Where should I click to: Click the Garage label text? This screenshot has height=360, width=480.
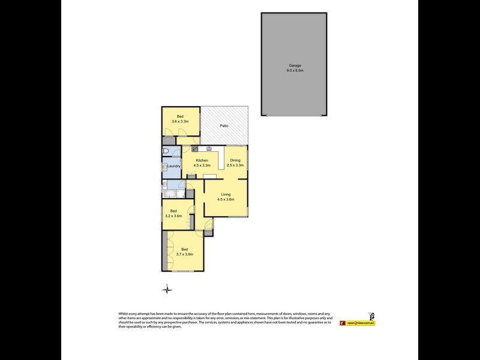pyautogui.click(x=294, y=65)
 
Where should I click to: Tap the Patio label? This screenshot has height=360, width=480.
pyautogui.click(x=224, y=126)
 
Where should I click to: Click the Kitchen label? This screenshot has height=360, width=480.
pyautogui.click(x=202, y=160)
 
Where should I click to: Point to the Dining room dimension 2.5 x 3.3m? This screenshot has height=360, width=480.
pyautogui.click(x=235, y=165)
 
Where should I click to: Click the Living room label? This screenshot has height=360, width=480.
pyautogui.click(x=226, y=194)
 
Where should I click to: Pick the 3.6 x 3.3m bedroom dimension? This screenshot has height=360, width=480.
pyautogui.click(x=180, y=122)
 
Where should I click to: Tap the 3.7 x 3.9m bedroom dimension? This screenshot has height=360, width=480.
pyautogui.click(x=184, y=254)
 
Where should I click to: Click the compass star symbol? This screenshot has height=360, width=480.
pyautogui.click(x=167, y=290)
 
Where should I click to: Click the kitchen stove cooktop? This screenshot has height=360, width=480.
pyautogui.click(x=195, y=148)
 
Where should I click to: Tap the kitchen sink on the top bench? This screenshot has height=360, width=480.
pyautogui.click(x=209, y=148)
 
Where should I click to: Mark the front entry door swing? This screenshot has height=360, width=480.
pyautogui.click(x=208, y=225)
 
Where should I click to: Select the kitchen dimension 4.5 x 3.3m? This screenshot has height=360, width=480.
pyautogui.click(x=202, y=165)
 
